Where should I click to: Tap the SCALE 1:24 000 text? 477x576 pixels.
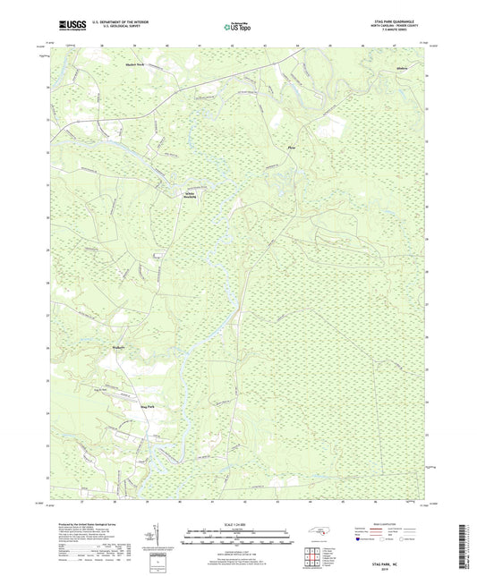pos(238,524)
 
